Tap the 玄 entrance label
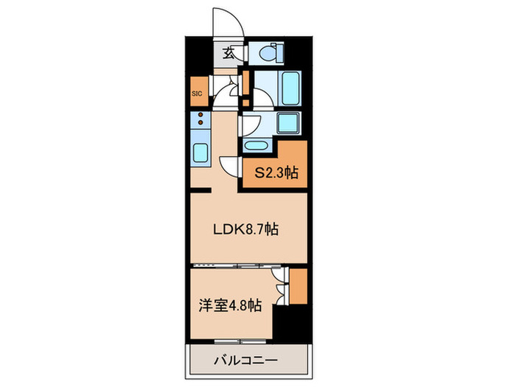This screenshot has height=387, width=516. click(x=229, y=53)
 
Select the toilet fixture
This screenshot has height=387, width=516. click(x=268, y=53)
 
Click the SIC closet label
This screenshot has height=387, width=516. click(x=198, y=94)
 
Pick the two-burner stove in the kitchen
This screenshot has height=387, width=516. click(x=201, y=122)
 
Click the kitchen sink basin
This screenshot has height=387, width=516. click(x=201, y=154)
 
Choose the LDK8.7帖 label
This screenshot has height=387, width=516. click(x=245, y=229)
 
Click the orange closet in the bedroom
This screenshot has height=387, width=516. click(x=298, y=285)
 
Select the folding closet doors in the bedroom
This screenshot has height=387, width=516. click(x=279, y=285)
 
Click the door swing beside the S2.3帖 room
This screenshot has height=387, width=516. click(x=230, y=166)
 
